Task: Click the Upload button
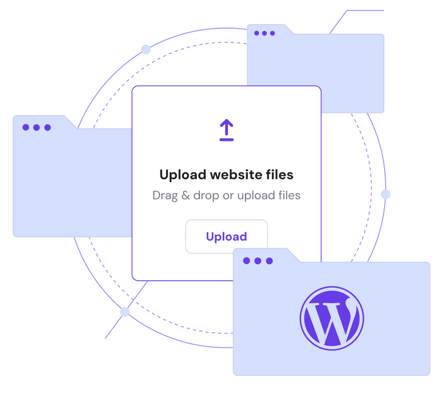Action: [x=226, y=236]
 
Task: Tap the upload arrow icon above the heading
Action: [x=226, y=130]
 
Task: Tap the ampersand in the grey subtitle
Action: [x=184, y=196]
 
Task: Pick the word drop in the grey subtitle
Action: [x=206, y=196]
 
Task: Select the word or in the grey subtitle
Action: [x=230, y=196]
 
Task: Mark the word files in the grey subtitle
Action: [x=288, y=196]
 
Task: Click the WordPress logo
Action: [x=332, y=318]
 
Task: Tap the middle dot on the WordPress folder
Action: [x=258, y=261]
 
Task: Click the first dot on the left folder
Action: [x=26, y=128]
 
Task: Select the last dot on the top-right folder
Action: [x=272, y=33]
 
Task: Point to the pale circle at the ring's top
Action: [x=146, y=49]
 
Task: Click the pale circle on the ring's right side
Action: [x=385, y=194]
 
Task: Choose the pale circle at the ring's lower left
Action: [x=125, y=312]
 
